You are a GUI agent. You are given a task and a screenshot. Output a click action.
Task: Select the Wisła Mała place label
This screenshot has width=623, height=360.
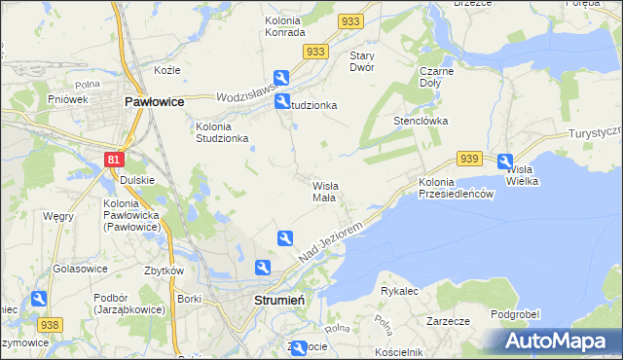point(324,191)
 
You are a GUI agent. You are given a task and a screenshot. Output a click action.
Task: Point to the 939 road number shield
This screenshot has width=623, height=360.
point(469,159)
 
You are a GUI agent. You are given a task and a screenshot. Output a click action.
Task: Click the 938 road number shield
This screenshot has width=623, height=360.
point(50,324)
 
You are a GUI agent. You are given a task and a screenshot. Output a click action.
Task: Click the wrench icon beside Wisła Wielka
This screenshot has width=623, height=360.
point(505,162)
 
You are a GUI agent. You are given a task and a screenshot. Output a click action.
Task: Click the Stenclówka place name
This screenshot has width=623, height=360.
point(420,122)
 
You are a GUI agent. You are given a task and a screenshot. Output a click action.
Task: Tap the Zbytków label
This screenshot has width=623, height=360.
point(165,270)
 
